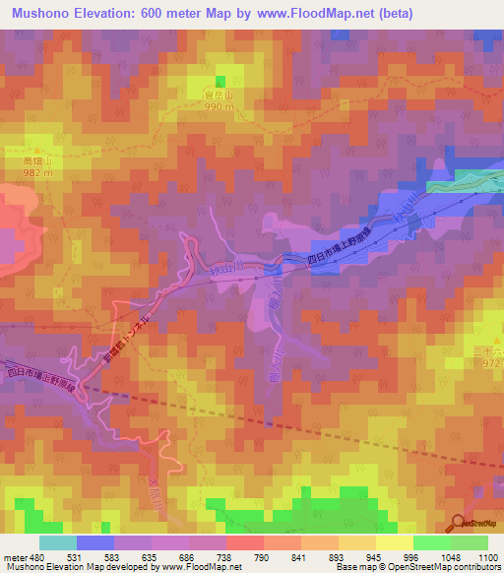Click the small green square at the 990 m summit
(x=220, y=81)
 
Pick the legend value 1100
(x=487, y=557)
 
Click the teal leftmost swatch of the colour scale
(x=58, y=542)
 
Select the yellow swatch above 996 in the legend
(x=395, y=542)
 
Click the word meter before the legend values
(x=14, y=557)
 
